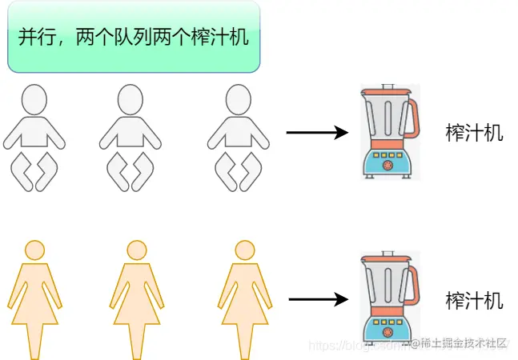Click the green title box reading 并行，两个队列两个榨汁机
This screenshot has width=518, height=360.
(134, 38)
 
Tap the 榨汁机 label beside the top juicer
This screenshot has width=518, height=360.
(474, 133)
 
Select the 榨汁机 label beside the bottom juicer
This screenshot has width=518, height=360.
(474, 301)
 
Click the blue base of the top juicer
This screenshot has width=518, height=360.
(387, 163)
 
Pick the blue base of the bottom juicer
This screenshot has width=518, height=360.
(387, 328)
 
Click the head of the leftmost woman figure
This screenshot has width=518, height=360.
(34, 249)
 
